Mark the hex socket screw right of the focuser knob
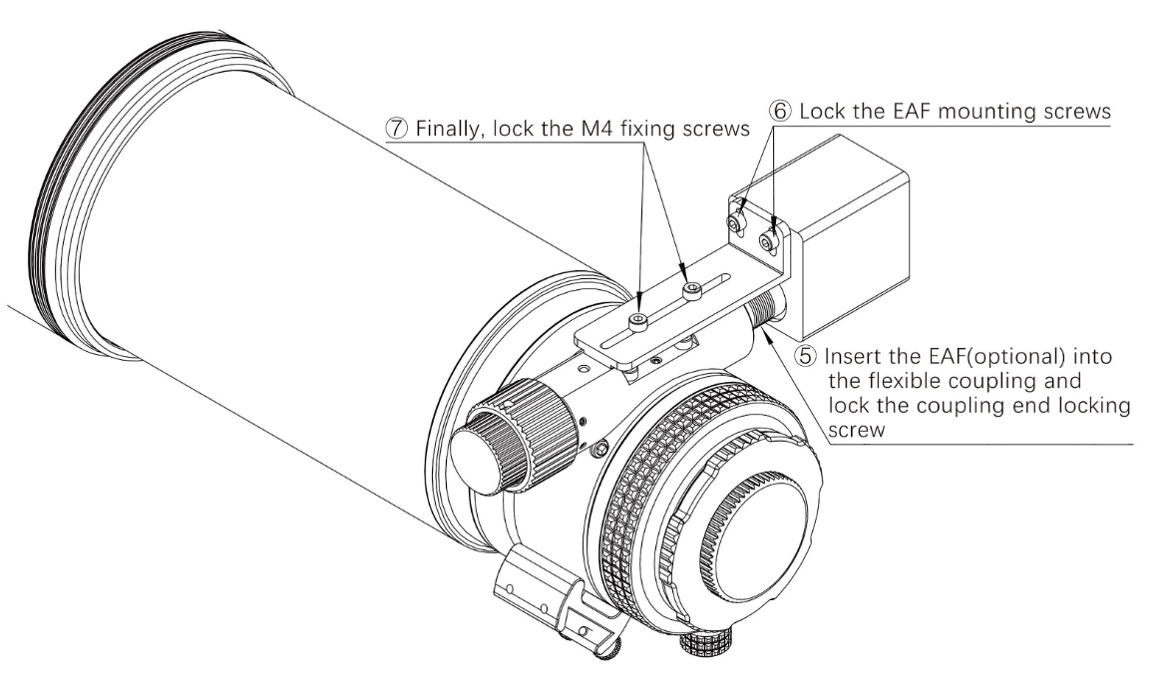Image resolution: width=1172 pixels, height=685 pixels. (599, 452)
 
